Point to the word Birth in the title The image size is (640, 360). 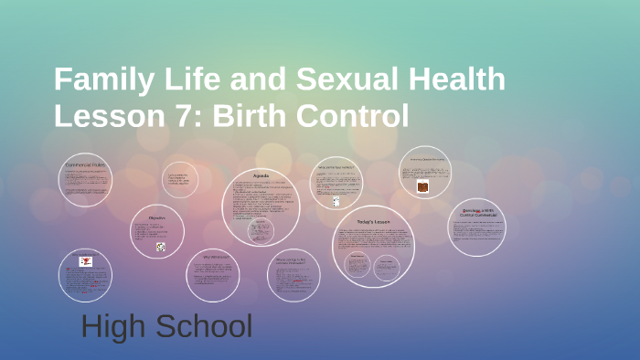pos(264,116)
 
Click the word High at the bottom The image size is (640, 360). pos(115,326)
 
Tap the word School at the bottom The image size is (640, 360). pos(204,326)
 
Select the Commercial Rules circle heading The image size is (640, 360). pos(85,164)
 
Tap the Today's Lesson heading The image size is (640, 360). pos(373,222)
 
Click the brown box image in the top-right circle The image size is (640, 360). pos(423,185)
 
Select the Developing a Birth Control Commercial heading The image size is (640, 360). pos(476,213)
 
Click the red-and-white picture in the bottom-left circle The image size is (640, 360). pos(86,262)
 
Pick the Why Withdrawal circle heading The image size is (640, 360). pos(216,258)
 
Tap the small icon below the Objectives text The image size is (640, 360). pos(160,247)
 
